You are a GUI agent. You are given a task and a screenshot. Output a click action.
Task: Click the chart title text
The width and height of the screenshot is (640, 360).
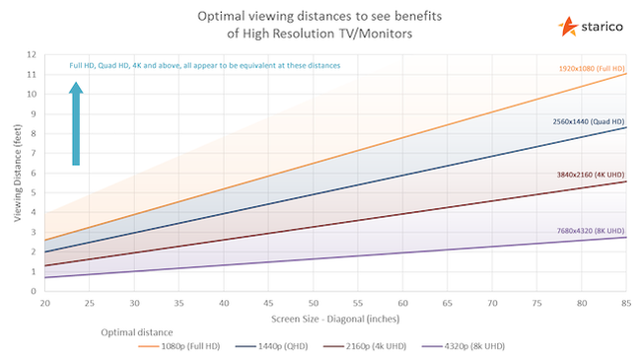coord(321,27)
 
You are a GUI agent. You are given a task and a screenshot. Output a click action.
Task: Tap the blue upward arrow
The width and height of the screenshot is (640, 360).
coord(76,123)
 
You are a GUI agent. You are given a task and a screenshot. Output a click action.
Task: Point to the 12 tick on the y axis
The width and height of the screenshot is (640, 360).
coord(34,55)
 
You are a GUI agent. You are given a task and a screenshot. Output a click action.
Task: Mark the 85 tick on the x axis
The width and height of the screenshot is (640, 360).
coord(625,303)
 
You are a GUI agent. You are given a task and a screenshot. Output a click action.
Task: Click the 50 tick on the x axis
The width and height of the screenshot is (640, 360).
coord(314,303)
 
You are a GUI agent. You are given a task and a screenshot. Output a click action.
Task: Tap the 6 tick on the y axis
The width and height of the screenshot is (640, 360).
coord(35,173)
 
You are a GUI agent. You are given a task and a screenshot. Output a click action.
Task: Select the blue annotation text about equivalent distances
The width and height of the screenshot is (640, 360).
coord(204,65)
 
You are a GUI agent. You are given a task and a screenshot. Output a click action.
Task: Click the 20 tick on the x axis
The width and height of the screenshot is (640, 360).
coord(45,303)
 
